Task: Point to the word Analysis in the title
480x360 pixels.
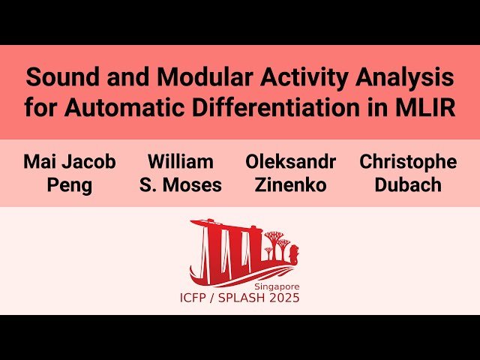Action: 406,77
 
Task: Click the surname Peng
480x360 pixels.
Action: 70,184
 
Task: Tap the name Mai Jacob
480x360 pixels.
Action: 70,161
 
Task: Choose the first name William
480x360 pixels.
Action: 180,161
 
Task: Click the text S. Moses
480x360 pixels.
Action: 180,184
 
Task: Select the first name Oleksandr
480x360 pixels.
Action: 290,161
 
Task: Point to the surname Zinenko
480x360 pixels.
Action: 290,184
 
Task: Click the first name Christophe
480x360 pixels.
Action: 408,161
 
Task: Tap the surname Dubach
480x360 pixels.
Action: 408,184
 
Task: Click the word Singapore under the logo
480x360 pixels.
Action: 276,286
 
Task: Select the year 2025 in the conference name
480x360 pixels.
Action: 283,298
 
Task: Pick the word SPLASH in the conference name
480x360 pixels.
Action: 241,298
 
